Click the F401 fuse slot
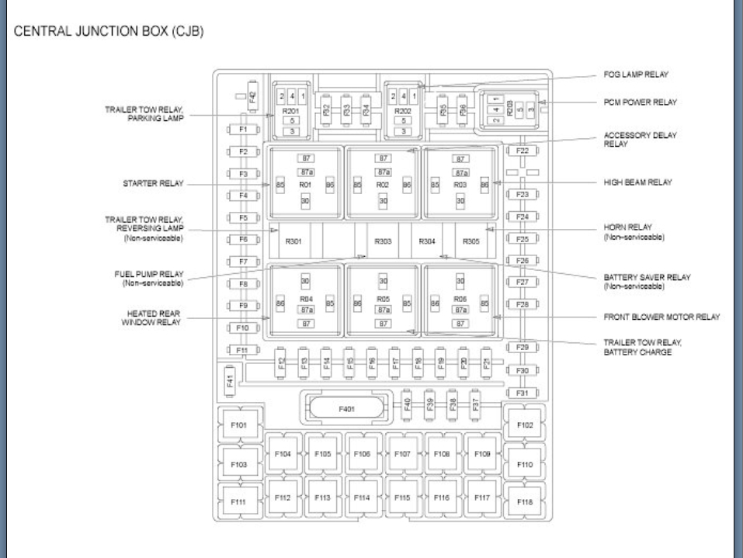345,407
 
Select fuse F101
239,425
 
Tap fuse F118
525,502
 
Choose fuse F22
523,151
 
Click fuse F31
523,393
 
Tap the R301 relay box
293,241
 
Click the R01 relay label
305,185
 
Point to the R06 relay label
460,298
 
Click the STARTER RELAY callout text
153,184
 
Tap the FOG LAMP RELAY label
636,75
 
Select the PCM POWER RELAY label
641,102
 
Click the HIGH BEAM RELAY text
637,182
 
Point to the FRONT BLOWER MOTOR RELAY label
661,317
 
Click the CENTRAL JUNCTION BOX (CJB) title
109,33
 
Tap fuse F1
243,129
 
